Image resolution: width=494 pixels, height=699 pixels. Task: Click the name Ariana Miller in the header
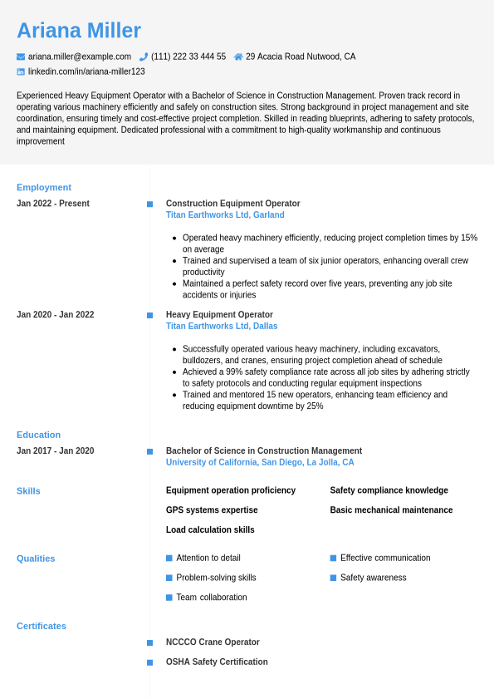click(79, 31)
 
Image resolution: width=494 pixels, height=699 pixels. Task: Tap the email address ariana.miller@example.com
click(80, 57)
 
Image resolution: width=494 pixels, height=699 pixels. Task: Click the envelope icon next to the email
click(21, 57)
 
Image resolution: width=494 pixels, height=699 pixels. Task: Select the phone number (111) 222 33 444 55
click(188, 57)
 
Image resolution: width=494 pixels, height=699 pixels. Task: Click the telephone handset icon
click(144, 57)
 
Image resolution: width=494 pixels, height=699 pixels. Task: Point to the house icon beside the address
click(238, 57)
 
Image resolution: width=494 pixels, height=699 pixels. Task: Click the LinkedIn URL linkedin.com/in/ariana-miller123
click(86, 71)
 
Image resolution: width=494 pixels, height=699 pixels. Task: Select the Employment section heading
click(44, 187)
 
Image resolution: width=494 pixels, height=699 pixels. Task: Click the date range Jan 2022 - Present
click(53, 204)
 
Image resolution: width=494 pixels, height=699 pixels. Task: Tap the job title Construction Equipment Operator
click(232, 204)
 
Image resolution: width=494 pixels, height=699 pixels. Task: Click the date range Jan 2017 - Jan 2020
click(55, 451)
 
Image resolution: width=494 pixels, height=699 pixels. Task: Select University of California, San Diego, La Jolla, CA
click(260, 462)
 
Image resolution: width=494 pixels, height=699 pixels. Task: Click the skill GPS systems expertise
click(212, 510)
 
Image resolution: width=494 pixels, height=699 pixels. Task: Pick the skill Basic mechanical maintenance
click(391, 510)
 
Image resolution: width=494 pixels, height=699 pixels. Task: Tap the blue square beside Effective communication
click(333, 558)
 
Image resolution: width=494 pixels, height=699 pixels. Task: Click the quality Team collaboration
click(212, 598)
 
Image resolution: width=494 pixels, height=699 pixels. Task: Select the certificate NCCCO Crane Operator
click(213, 642)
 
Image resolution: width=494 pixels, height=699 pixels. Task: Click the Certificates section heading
click(42, 626)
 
